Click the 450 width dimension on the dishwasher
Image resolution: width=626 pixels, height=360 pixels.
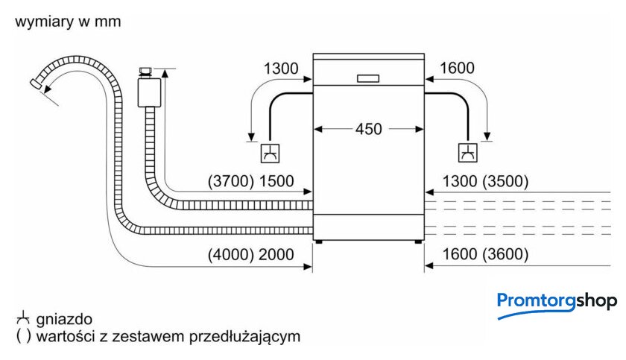(367, 129)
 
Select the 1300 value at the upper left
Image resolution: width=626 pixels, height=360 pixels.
(281, 69)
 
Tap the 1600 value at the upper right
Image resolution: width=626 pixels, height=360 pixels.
(457, 69)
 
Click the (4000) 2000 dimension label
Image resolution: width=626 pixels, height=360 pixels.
(250, 254)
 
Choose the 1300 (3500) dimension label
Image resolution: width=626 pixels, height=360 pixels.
(484, 181)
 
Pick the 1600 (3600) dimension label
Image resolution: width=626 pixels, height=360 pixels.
(484, 254)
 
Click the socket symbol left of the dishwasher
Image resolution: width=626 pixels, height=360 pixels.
(269, 153)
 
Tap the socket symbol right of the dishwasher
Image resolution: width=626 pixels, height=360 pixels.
(468, 152)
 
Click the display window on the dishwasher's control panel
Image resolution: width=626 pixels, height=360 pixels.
(368, 77)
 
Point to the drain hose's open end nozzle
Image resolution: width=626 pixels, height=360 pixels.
(35, 83)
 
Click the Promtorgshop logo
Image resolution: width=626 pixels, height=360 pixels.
(557, 303)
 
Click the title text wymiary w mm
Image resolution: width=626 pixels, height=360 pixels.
(67, 22)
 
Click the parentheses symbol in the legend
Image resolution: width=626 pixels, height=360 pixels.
(22, 336)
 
